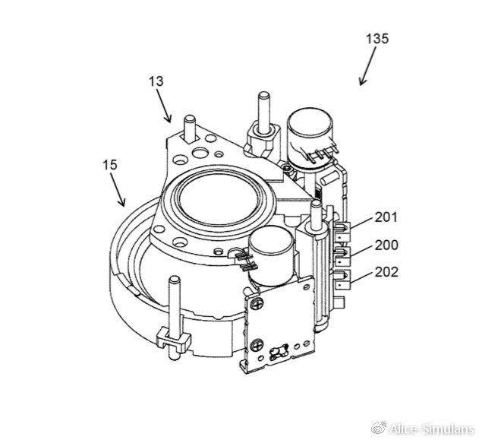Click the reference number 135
[377, 39]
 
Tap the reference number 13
[156, 81]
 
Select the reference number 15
[110, 165]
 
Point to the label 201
[386, 217]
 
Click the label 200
[386, 245]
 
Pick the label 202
[386, 272]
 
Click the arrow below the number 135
[368, 66]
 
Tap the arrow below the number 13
[163, 106]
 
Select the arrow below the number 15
[118, 189]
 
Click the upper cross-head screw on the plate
[255, 304]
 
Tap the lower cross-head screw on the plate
[256, 346]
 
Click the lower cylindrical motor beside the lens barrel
[271, 256]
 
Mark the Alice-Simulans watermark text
[431, 429]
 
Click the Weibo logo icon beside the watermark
[379, 428]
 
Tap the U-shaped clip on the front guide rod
[174, 340]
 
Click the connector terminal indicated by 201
[343, 230]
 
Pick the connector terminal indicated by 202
[343, 280]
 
